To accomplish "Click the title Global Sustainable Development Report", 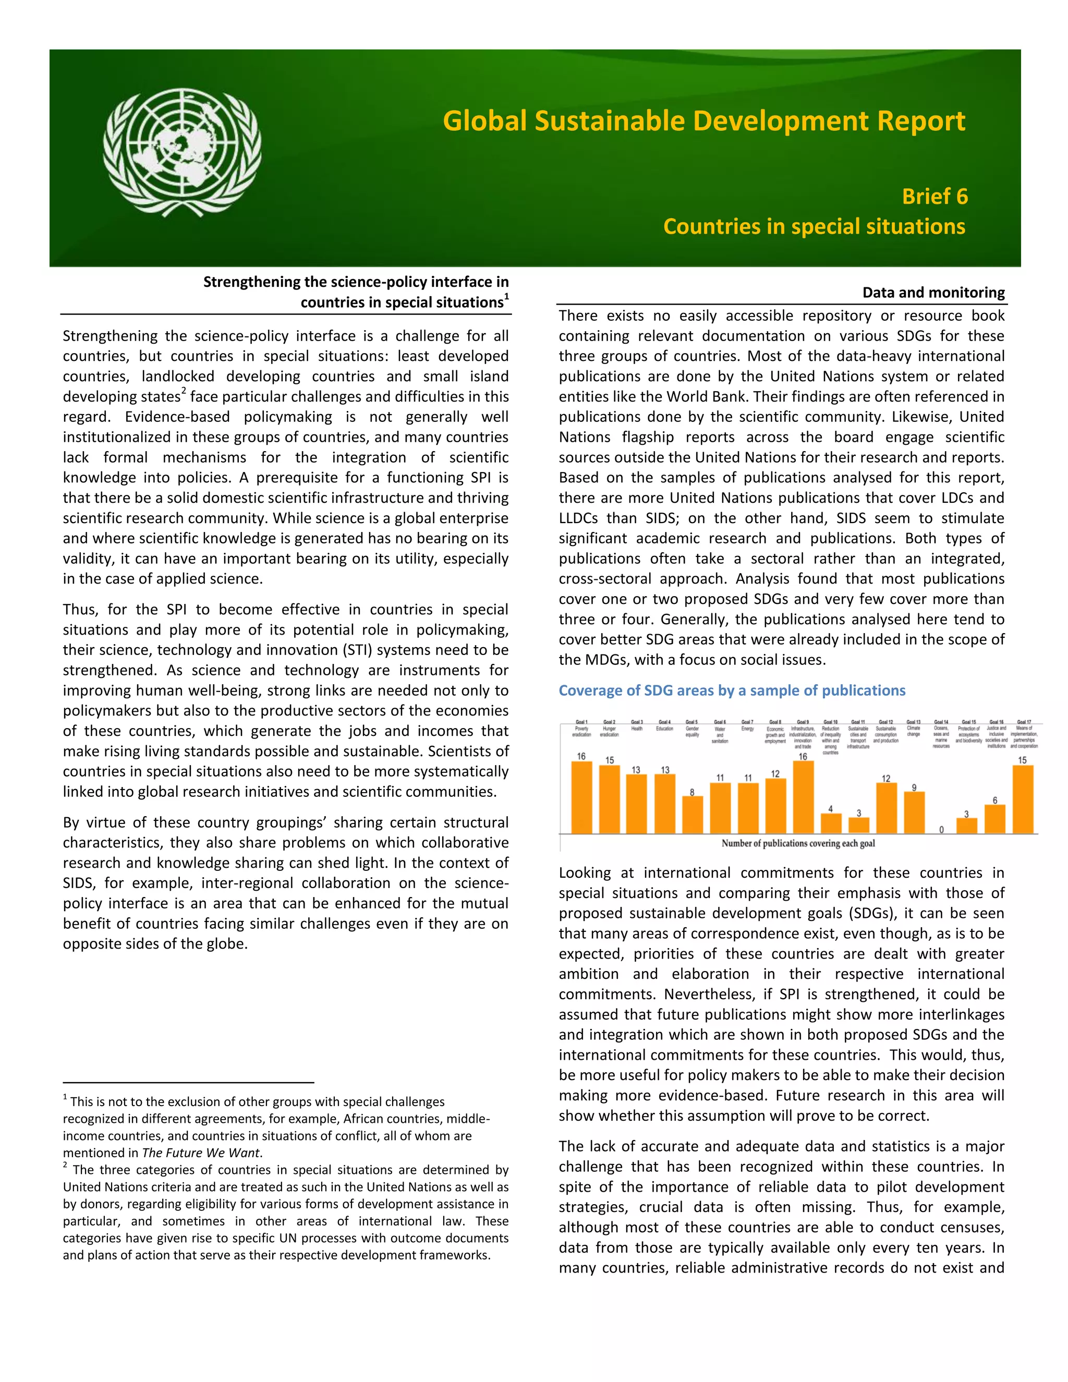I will (x=703, y=120).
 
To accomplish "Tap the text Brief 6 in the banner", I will (x=934, y=196).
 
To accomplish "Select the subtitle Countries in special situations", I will (x=814, y=226).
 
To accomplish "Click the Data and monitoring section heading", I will (x=933, y=293).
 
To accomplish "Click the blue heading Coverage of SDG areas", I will (x=732, y=690).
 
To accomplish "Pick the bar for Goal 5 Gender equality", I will (x=692, y=815).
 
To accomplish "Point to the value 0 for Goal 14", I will (x=941, y=830).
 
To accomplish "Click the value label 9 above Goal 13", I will (x=914, y=788).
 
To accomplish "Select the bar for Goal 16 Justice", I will (x=994, y=819).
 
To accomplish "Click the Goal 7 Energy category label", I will (x=747, y=726).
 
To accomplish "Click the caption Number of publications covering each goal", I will (x=798, y=843).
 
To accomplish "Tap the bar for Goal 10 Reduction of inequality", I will (x=831, y=824).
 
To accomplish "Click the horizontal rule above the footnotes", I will (x=188, y=1083).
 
